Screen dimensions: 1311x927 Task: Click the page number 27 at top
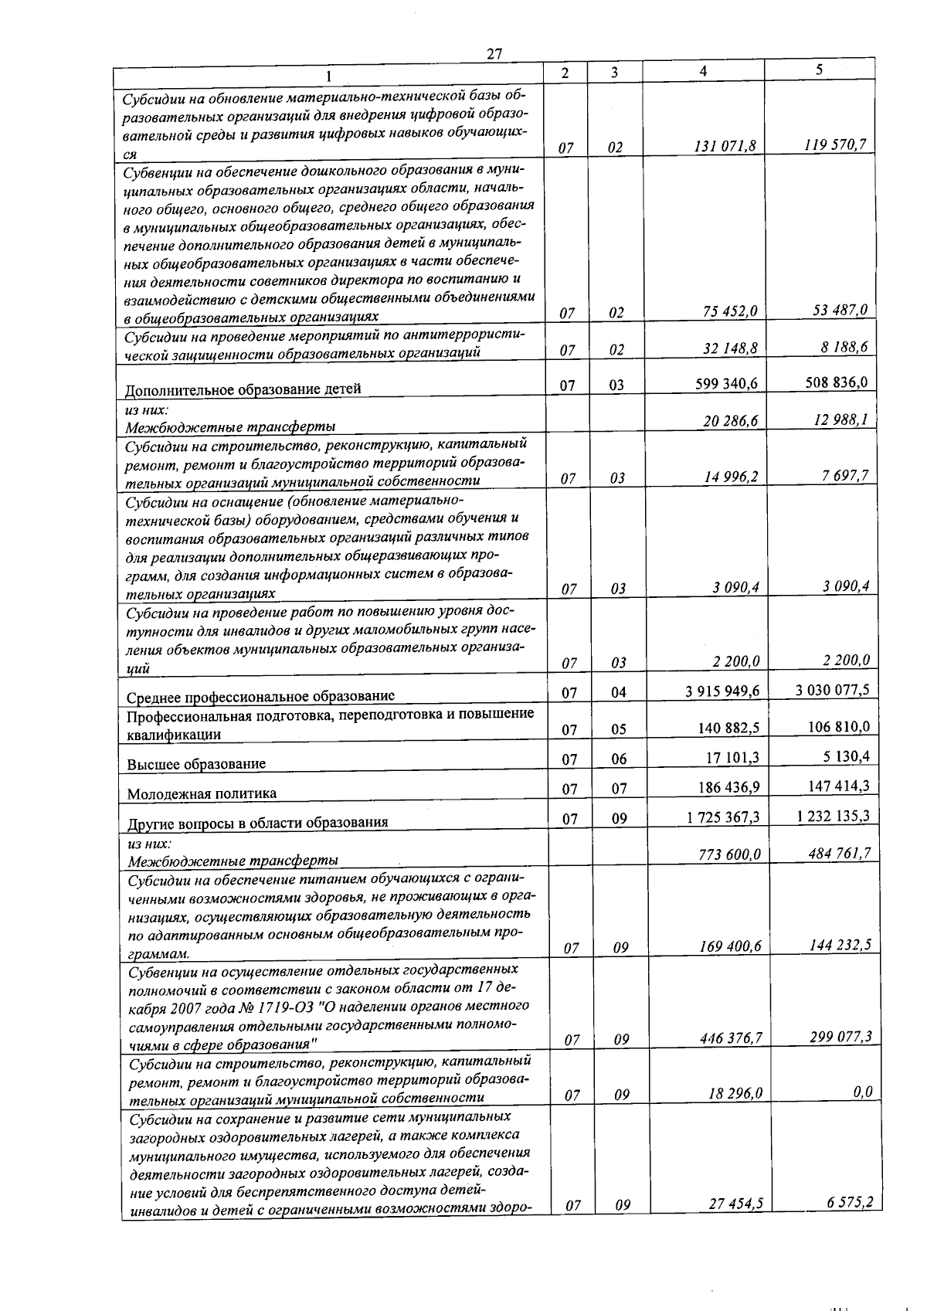494,53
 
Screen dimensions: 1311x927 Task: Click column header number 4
702,71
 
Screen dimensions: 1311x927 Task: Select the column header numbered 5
818,70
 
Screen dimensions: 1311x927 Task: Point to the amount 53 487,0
840,311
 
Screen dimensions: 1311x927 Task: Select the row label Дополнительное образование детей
243,389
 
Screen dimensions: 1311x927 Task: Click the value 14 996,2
731,477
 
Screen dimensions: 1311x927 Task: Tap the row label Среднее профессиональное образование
260,696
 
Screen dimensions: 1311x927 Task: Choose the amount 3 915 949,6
722,691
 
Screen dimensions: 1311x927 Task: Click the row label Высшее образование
196,764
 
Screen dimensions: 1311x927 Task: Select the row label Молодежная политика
202,793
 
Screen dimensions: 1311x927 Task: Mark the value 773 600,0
730,854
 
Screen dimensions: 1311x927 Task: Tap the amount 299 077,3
840,1037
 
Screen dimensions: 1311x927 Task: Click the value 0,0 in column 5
863,1092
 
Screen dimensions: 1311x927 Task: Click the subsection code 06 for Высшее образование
618,759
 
